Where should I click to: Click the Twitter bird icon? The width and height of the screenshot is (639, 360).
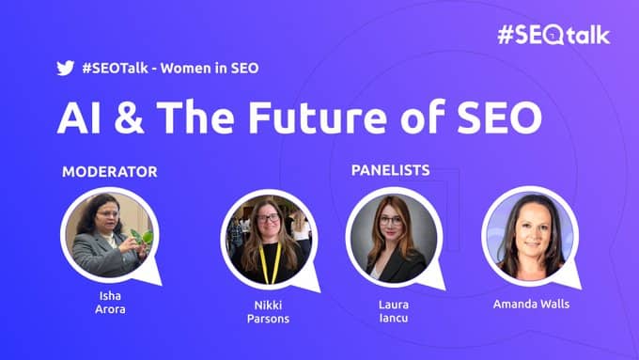tap(65, 68)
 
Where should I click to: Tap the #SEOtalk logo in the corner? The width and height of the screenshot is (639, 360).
tap(553, 35)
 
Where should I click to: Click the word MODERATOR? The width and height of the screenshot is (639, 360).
tap(109, 172)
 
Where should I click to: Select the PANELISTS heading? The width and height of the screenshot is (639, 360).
tap(390, 170)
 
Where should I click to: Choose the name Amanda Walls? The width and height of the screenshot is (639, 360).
tap(531, 305)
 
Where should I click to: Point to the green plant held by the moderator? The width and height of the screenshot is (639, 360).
tap(144, 237)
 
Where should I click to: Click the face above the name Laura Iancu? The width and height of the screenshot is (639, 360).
tap(391, 225)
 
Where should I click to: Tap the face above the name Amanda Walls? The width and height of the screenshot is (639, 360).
tap(528, 226)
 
